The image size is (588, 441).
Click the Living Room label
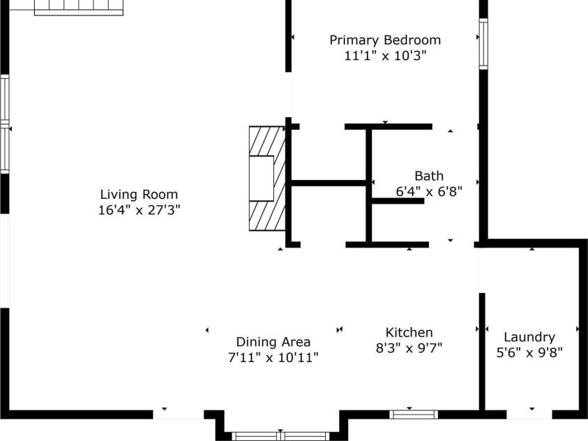click(x=139, y=195)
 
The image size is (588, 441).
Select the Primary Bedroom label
click(x=385, y=40)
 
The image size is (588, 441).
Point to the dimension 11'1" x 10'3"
click(x=385, y=55)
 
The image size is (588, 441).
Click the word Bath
click(x=428, y=176)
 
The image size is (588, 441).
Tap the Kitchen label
click(x=409, y=333)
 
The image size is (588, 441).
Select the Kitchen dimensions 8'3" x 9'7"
click(x=409, y=347)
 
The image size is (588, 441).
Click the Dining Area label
click(x=273, y=342)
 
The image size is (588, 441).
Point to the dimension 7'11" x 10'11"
click(x=273, y=357)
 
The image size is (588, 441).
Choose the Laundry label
click(x=529, y=337)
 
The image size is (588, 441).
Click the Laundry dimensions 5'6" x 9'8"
click(x=529, y=352)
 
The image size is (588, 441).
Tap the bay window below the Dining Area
click(x=280, y=436)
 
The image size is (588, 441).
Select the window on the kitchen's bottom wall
click(x=414, y=414)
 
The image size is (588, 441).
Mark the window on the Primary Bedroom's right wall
click(x=483, y=43)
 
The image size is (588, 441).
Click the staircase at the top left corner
click(x=79, y=8)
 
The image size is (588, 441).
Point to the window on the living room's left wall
click(x=4, y=125)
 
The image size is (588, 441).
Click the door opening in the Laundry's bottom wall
click(x=529, y=414)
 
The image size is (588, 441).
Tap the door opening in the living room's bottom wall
click(x=178, y=414)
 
